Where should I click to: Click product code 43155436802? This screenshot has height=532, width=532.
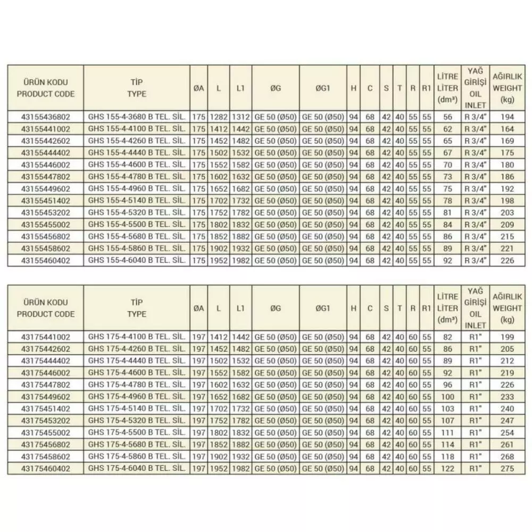coord(46,116)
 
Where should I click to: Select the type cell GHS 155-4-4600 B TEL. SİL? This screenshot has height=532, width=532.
coord(137,165)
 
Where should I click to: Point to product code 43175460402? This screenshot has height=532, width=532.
coord(46,468)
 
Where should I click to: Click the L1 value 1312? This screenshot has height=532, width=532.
coord(240,116)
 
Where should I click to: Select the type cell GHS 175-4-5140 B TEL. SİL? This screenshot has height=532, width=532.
coord(137,408)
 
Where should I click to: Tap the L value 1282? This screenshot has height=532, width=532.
coord(219,116)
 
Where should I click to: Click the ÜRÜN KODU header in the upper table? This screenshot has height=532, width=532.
coord(46,88)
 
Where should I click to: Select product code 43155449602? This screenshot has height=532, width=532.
coord(46,189)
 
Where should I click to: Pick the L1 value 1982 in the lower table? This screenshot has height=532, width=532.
coord(240,468)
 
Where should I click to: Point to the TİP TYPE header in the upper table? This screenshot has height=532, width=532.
coord(137,88)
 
